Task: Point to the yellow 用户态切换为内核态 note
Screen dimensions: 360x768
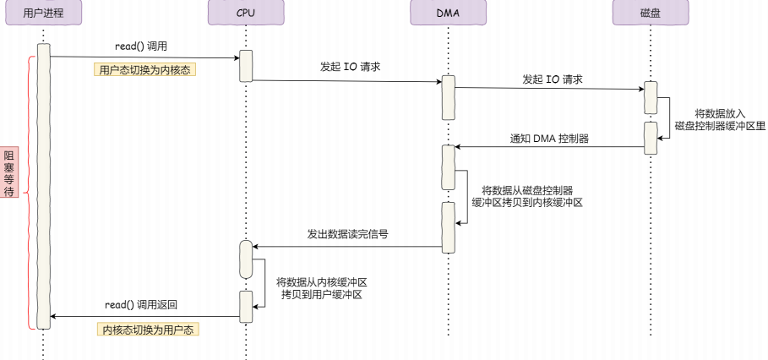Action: click(x=144, y=70)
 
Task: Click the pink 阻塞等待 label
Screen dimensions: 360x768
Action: click(x=9, y=174)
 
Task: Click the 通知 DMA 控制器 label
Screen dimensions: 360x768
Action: click(x=549, y=138)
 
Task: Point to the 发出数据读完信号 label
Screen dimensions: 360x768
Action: click(x=348, y=233)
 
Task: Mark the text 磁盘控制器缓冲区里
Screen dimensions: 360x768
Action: click(x=720, y=125)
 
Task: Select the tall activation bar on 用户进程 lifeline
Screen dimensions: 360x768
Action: click(x=43, y=186)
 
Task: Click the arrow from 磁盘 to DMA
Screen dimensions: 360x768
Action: click(x=549, y=147)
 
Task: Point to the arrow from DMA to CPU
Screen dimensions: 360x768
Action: click(x=346, y=248)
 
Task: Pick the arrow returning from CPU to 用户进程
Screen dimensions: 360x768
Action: click(x=144, y=317)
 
